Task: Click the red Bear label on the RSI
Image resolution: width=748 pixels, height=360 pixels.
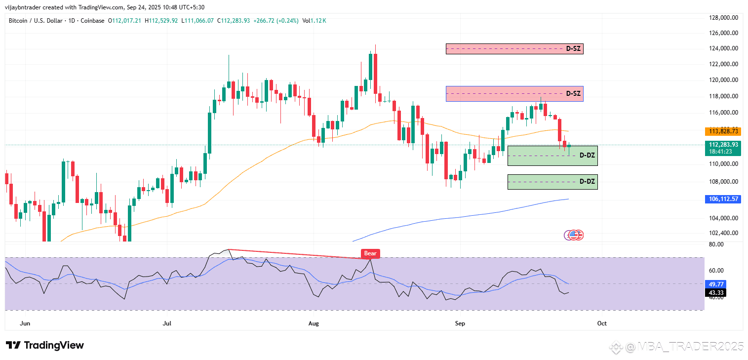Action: (370, 253)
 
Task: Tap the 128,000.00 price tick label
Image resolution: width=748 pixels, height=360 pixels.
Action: (724, 18)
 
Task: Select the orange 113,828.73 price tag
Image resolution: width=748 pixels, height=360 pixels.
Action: (723, 131)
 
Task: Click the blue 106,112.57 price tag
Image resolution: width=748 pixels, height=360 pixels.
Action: (723, 199)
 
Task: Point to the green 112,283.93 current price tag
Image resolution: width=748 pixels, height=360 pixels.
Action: (723, 145)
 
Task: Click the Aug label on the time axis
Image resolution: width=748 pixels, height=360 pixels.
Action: (314, 323)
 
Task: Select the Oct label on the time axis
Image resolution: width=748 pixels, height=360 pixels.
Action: (601, 323)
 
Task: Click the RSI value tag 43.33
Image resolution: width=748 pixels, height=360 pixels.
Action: (716, 293)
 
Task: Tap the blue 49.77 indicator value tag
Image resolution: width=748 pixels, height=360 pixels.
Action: (716, 284)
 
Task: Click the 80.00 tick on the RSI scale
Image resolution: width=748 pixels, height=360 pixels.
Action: (716, 244)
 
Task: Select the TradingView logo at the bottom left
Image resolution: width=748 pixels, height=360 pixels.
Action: (45, 345)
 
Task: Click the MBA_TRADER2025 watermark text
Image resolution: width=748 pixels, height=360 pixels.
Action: (683, 347)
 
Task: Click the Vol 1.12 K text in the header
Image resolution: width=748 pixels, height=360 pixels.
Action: (314, 21)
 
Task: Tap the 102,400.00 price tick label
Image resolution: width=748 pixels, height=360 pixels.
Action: (724, 233)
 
